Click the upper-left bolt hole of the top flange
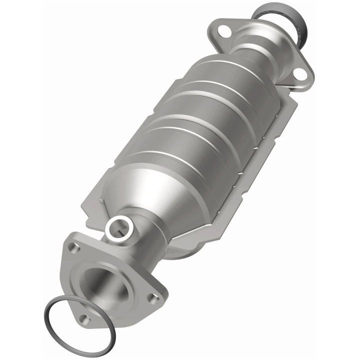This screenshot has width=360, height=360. [x=224, y=31]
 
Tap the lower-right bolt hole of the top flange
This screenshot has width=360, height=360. [x=300, y=74]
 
